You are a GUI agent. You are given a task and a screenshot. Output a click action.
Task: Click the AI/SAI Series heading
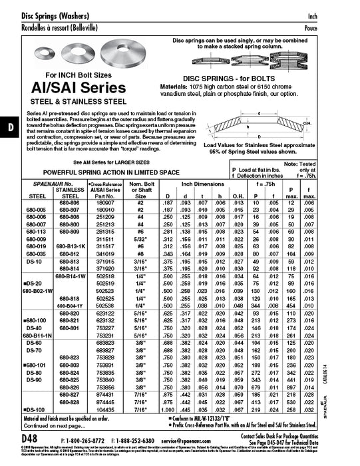[71, 89]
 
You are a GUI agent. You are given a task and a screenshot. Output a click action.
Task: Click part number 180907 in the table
[106, 202]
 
